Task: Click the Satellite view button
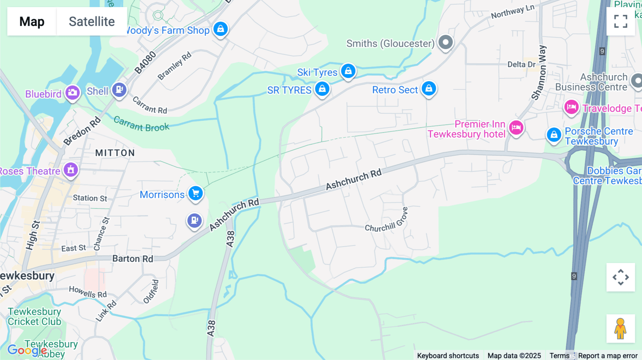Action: [92, 21]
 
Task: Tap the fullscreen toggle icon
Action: [621, 21]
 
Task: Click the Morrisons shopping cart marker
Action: [195, 194]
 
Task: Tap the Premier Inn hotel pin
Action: [516, 128]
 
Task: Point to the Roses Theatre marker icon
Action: [71, 170]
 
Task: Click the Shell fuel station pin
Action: [119, 90]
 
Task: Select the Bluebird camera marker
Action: [72, 93]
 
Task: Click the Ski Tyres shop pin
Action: [348, 71]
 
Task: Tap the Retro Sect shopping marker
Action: [429, 88]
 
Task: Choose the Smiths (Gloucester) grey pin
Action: [445, 42]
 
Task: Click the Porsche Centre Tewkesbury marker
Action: [554, 135]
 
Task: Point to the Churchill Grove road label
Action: [386, 221]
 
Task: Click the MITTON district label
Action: [115, 153]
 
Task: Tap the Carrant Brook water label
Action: [141, 124]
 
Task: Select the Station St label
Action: [90, 198]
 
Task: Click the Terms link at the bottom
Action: [559, 355]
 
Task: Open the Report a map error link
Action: [608, 355]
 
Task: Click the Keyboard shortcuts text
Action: [448, 355]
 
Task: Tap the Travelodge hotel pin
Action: [571, 107]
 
